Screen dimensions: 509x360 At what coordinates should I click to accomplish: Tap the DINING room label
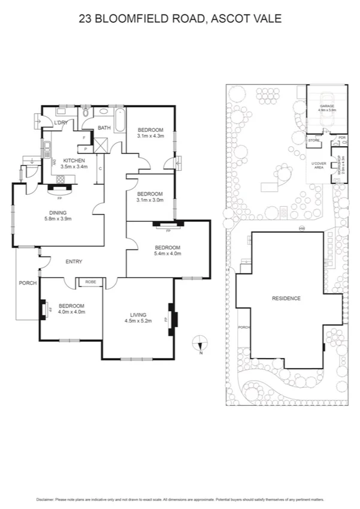pos(58,212)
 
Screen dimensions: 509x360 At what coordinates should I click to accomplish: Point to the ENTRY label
pos(74,261)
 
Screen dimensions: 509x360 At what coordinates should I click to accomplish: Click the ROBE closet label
pos(90,281)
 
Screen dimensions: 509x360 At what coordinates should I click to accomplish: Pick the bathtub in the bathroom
pos(120,121)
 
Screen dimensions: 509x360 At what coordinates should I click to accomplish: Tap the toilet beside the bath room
pos(87,113)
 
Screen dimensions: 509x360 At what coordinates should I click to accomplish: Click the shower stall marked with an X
pos(101,144)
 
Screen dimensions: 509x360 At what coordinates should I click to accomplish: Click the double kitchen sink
pos(47,149)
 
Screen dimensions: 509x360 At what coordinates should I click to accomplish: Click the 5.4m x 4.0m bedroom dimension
pos(167,254)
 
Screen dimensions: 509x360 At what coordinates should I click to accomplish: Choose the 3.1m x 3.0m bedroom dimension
pos(150,201)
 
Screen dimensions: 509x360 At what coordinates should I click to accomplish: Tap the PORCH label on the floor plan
pos(28,283)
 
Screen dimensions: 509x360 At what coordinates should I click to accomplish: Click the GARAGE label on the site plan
pos(326,106)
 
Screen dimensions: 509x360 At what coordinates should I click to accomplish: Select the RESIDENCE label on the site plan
pos(286,298)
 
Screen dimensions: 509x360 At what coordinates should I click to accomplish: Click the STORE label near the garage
pos(314,140)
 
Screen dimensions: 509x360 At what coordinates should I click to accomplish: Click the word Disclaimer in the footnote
pos(46,499)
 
